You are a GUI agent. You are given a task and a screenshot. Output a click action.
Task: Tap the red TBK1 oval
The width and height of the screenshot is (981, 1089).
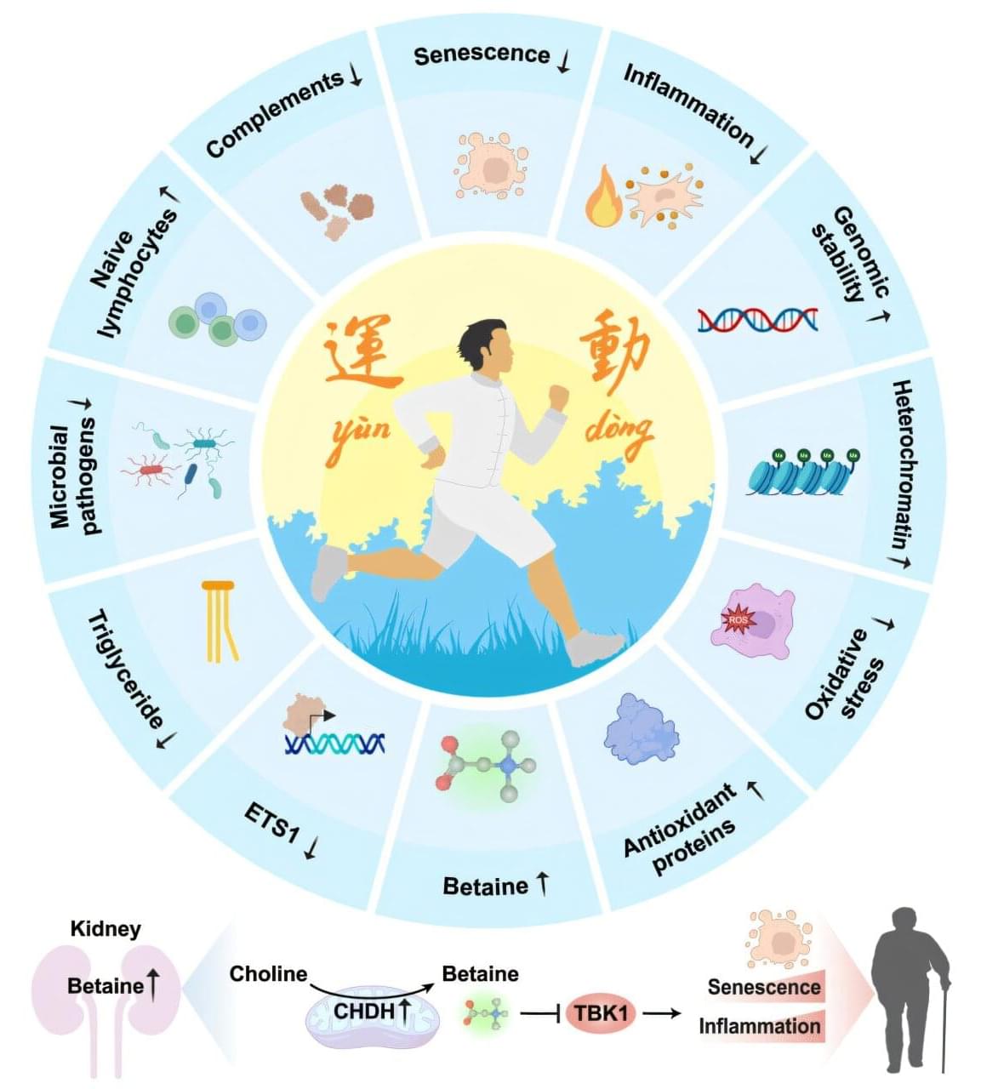tap(600, 1012)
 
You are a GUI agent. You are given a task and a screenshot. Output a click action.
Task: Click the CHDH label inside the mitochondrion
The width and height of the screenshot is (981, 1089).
tap(364, 1011)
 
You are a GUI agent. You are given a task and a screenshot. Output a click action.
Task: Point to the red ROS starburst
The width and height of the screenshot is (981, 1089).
tap(739, 619)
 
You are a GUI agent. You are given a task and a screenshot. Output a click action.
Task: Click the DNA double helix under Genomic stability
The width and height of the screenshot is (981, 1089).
tap(757, 320)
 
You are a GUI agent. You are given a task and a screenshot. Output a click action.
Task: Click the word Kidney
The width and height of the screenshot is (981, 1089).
tap(106, 929)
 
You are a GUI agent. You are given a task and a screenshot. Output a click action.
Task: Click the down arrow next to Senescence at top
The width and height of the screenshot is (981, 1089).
tap(564, 60)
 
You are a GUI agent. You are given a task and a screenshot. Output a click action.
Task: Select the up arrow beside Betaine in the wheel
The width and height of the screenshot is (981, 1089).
tap(542, 884)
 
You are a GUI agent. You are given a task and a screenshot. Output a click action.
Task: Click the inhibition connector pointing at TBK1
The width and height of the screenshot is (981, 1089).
tap(539, 1013)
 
